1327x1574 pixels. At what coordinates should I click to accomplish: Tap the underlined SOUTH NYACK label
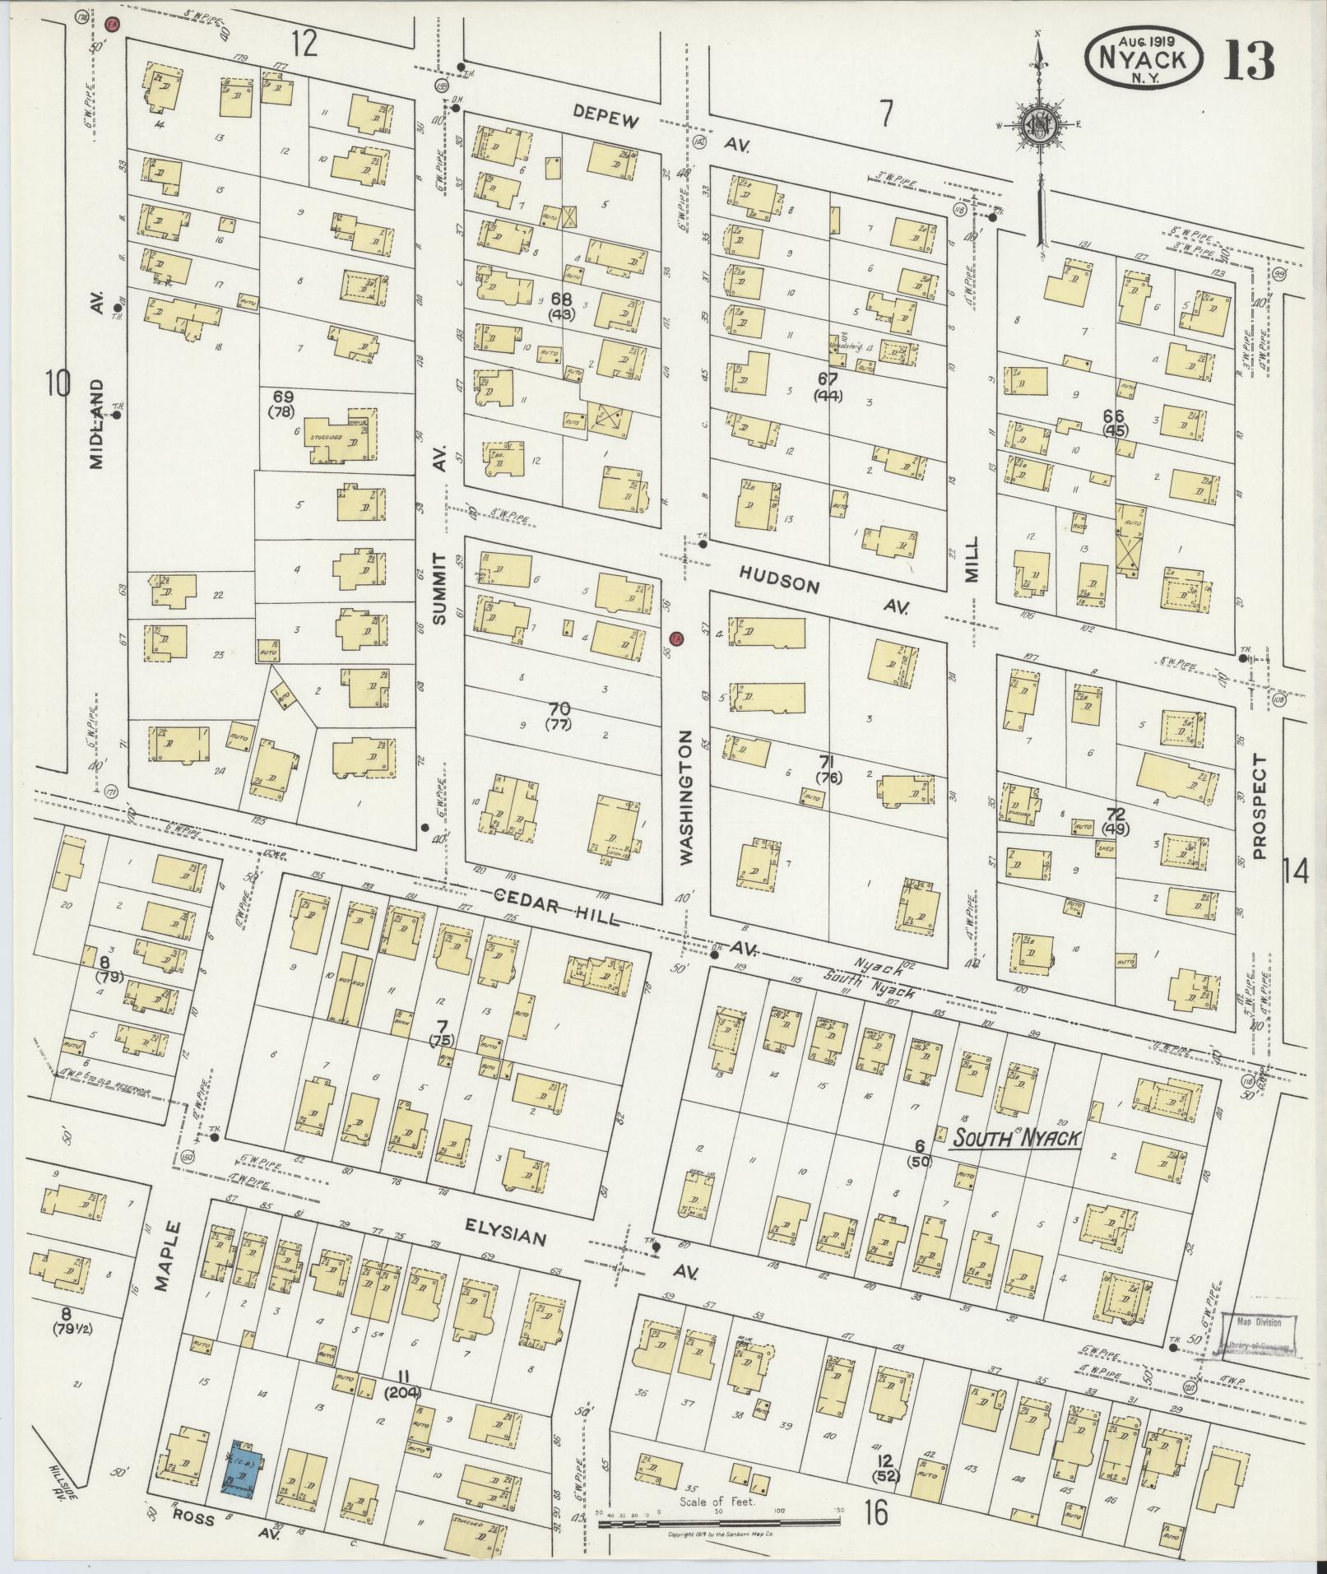tap(1015, 1138)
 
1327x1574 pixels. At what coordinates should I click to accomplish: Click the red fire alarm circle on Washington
tap(675, 638)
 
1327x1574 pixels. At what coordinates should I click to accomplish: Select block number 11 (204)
tap(403, 1382)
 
